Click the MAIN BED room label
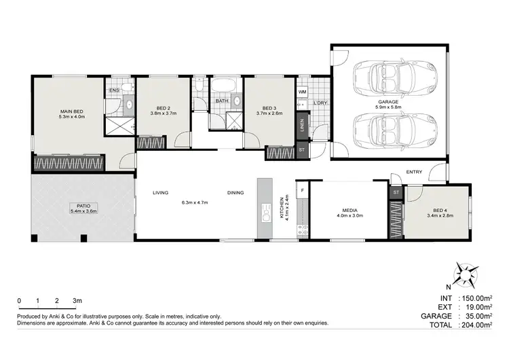click(x=72, y=111)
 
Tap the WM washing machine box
click(x=302, y=92)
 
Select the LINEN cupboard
click(x=302, y=125)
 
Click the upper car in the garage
click(x=395, y=79)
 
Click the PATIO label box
click(x=83, y=209)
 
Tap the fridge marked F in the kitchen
click(x=302, y=190)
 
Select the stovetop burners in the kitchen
click(x=303, y=230)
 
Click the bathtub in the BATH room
click(x=223, y=86)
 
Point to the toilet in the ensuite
click(x=128, y=87)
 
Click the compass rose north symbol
click(x=466, y=275)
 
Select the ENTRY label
click(x=414, y=172)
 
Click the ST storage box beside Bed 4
click(x=396, y=192)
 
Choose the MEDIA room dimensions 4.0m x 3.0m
click(x=350, y=215)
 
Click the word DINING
click(x=235, y=193)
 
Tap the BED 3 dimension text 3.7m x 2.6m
click(x=269, y=113)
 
